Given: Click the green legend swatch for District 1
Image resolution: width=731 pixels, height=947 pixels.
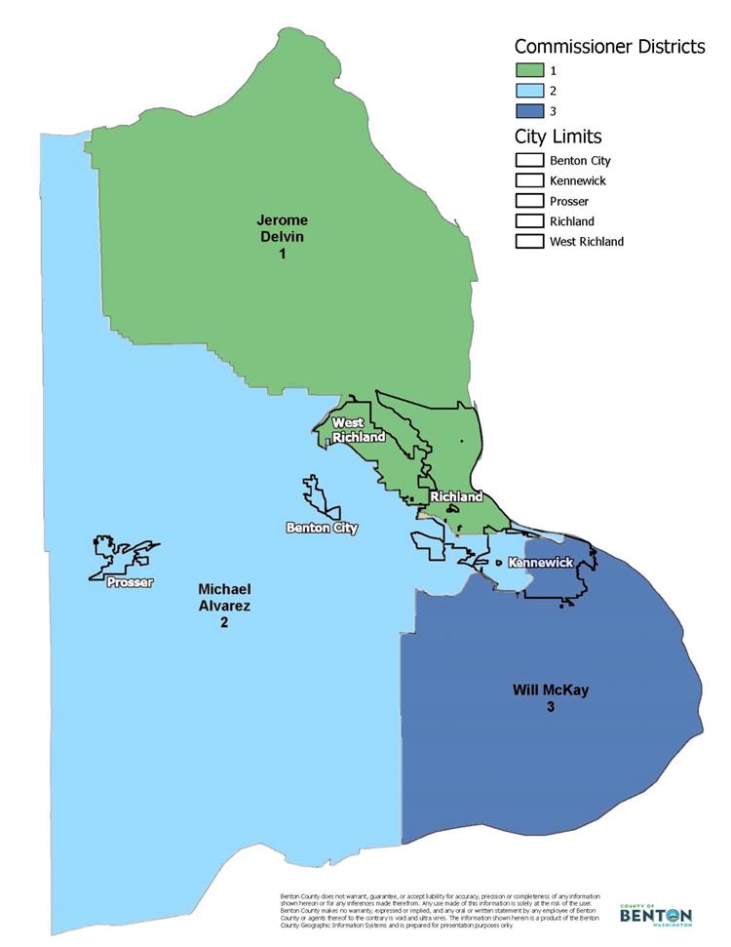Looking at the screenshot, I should (530, 71).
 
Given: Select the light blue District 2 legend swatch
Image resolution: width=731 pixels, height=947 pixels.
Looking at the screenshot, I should (530, 92).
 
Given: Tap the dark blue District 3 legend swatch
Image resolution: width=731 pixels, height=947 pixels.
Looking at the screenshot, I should (530, 112).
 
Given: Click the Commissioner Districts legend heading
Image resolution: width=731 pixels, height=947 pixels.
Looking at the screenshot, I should (609, 47).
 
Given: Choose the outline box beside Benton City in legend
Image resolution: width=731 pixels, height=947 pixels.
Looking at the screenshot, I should (530, 160).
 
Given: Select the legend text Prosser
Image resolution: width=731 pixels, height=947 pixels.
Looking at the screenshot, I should (569, 201).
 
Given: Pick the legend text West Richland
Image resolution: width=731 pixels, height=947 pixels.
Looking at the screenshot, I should (587, 241).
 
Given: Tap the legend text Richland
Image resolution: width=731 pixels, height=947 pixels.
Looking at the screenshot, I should (572, 221).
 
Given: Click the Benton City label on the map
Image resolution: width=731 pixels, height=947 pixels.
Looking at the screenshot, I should (322, 528).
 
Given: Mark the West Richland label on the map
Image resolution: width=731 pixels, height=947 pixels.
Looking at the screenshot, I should (352, 429).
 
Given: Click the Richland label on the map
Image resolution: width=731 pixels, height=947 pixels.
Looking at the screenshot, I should (456, 496).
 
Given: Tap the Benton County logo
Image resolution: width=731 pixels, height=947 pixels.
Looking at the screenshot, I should (656, 914).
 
